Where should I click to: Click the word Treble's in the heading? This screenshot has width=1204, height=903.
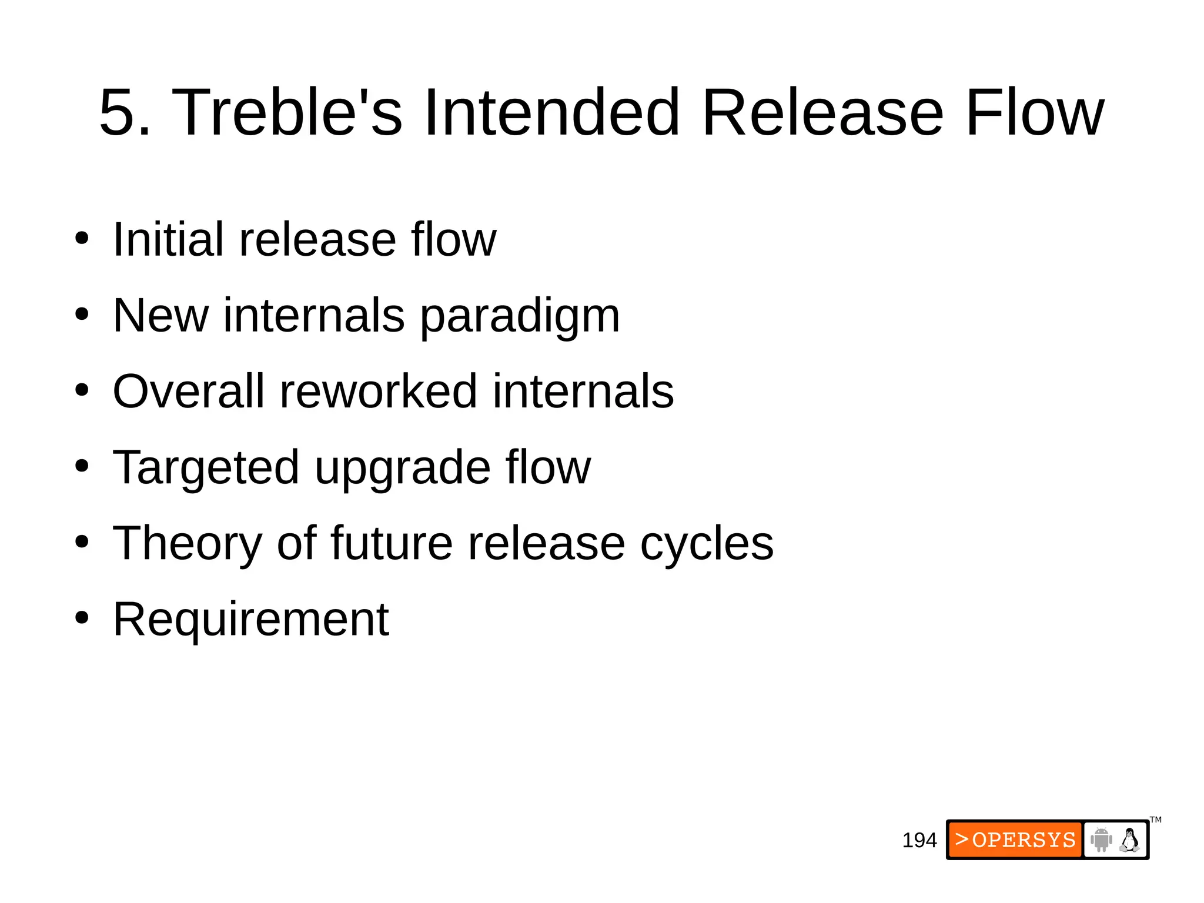coord(286,112)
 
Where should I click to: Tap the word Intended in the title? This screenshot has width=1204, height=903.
coord(551,112)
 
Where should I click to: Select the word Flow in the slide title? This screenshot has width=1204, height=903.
coord(1034,112)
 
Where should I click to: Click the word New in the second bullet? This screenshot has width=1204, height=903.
coord(160,316)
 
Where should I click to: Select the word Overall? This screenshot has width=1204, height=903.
coord(188,392)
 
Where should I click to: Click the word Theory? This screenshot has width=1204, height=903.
coord(187,544)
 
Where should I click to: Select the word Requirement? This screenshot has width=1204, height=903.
coord(250,619)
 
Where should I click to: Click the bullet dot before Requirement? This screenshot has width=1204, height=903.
coord(82,618)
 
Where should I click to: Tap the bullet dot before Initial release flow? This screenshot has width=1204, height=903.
coord(82,239)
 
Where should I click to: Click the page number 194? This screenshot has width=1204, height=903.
coord(919,840)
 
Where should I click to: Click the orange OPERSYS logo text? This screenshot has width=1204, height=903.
coord(1015,840)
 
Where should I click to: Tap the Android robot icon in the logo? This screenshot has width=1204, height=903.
coord(1101,840)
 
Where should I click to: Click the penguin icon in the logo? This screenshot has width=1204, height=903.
coord(1129,840)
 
